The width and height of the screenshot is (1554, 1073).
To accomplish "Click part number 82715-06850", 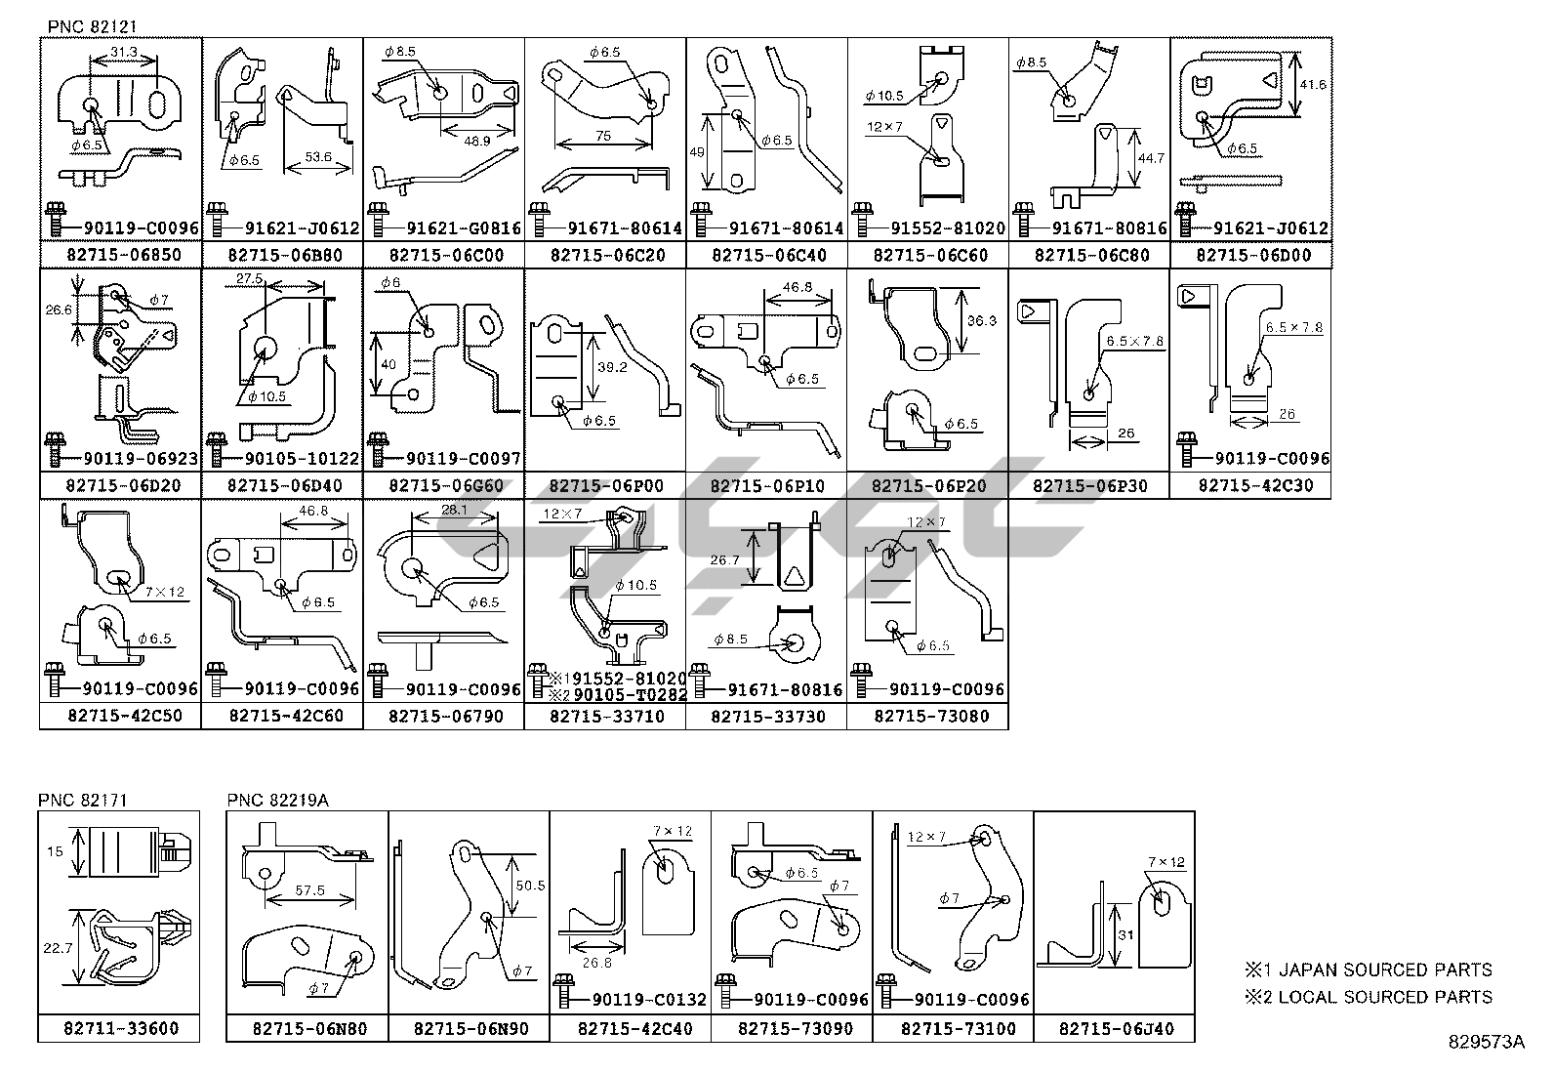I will pos(121,255).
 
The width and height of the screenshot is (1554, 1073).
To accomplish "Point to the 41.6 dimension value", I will pos(1314,85).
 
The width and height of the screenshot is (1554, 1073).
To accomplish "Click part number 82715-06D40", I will pos(283,485).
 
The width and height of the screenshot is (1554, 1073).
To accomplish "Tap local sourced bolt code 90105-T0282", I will pos(630,695).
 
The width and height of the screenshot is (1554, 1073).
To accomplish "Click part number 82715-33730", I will pos(767,716).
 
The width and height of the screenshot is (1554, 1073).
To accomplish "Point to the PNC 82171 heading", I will pos(83,800).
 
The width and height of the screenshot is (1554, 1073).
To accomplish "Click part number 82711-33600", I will pos(119,1028).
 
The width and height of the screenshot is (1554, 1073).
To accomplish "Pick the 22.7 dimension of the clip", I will pos(58,948).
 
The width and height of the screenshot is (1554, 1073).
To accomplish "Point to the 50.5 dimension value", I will pos(529,885).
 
